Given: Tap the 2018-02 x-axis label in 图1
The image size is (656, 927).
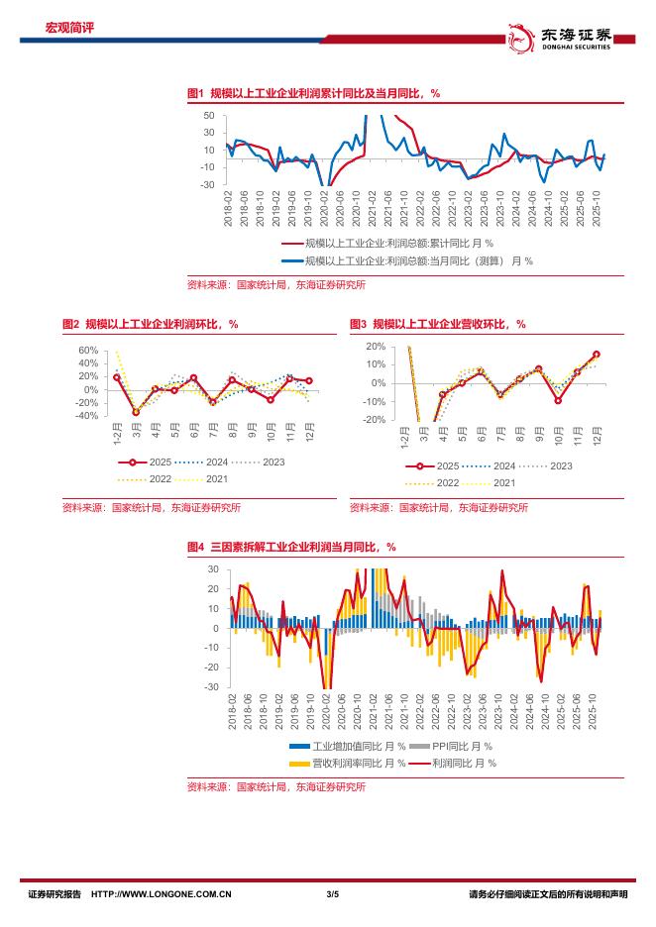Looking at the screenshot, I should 229,211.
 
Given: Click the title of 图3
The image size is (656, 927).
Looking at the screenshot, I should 437,324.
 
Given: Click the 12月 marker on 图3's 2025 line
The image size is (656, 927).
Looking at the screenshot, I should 597,354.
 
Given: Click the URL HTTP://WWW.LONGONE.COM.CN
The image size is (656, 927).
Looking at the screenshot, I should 161,894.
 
